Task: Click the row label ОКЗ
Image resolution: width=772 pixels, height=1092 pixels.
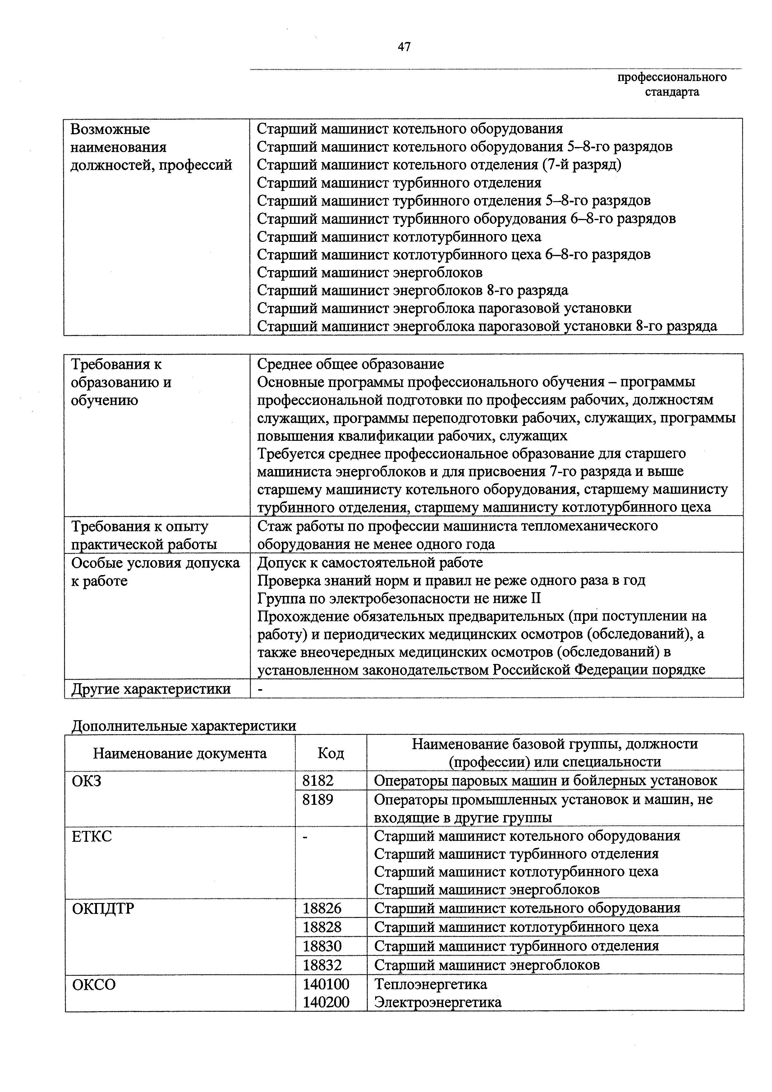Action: pos(87,781)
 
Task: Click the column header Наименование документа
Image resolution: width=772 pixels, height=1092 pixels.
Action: pos(180,753)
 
